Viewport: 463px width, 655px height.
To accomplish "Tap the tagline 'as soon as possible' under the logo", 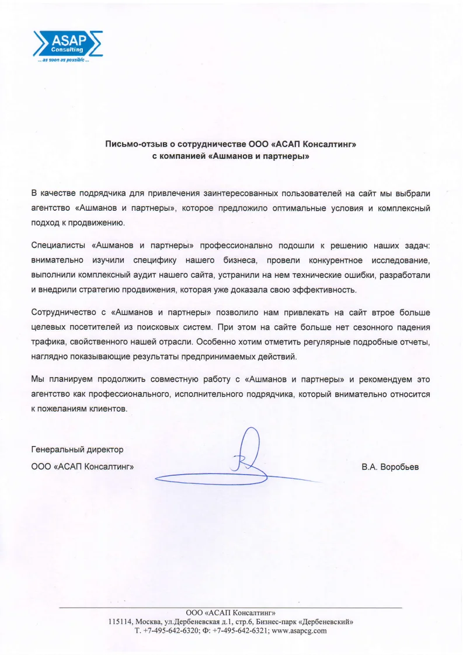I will coord(63,61).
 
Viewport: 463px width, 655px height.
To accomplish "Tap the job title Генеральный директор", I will coord(77,450).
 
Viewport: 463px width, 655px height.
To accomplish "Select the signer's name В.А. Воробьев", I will coord(390,466).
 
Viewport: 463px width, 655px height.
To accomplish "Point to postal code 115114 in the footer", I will coord(120,622).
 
